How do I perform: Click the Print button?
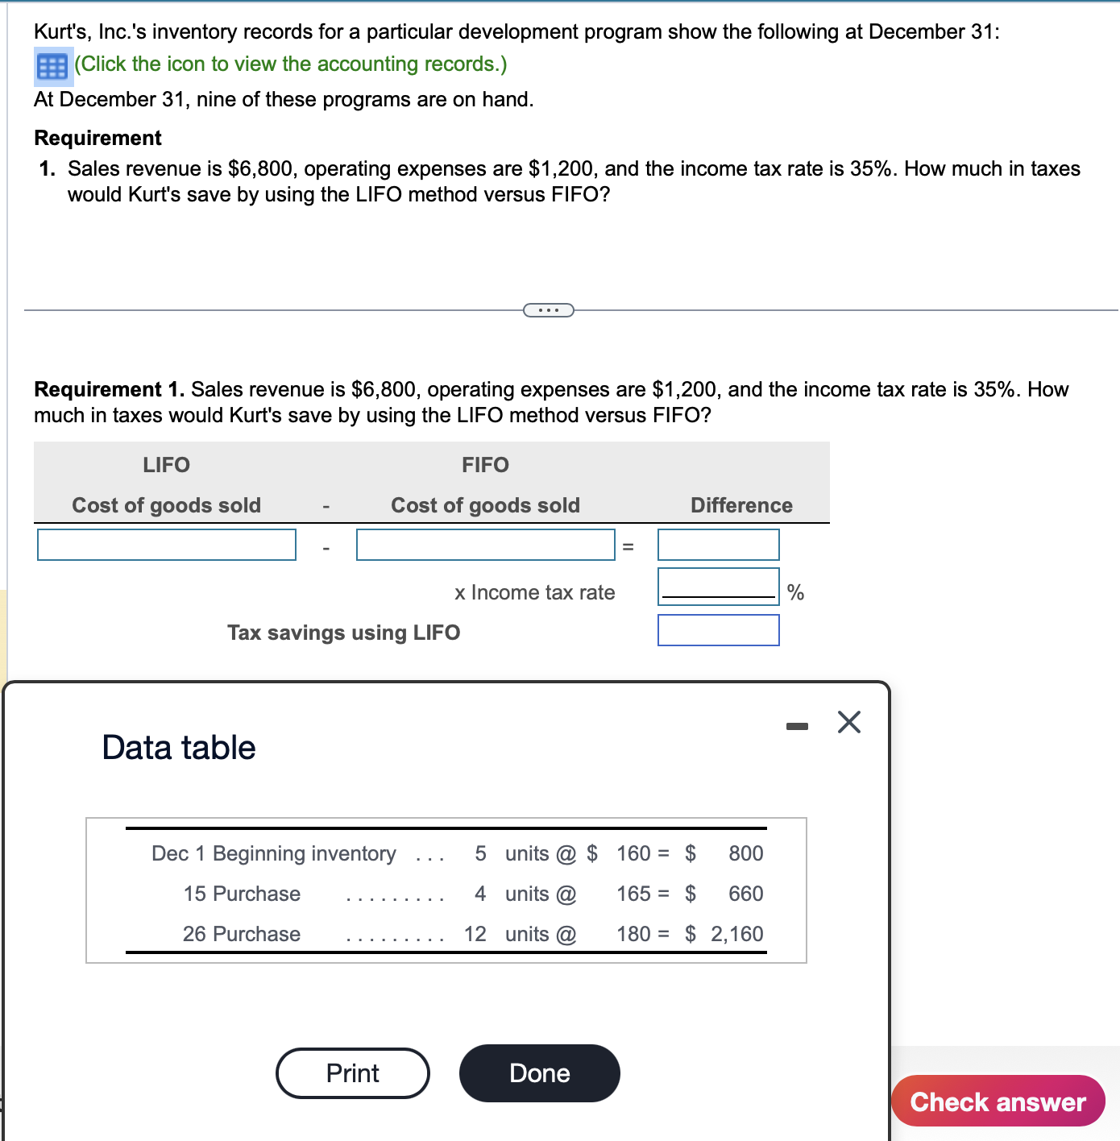click(352, 1073)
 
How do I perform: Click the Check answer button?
click(998, 1102)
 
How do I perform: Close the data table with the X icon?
click(848, 722)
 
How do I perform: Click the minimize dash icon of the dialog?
click(797, 727)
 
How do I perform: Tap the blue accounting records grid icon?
click(52, 66)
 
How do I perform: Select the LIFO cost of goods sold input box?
click(167, 545)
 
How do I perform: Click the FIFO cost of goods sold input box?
click(485, 545)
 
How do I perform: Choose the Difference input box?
click(718, 545)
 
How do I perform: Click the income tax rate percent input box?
click(718, 586)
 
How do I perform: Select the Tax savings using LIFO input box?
click(718, 630)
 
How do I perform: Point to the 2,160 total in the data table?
click(736, 934)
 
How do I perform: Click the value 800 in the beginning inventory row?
click(745, 853)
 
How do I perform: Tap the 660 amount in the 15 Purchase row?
click(745, 894)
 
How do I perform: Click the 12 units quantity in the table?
click(475, 934)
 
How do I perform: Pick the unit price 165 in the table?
click(633, 894)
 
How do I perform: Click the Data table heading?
click(179, 748)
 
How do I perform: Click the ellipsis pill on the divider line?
click(548, 310)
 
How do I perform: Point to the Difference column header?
click(741, 505)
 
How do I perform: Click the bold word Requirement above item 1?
click(97, 138)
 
